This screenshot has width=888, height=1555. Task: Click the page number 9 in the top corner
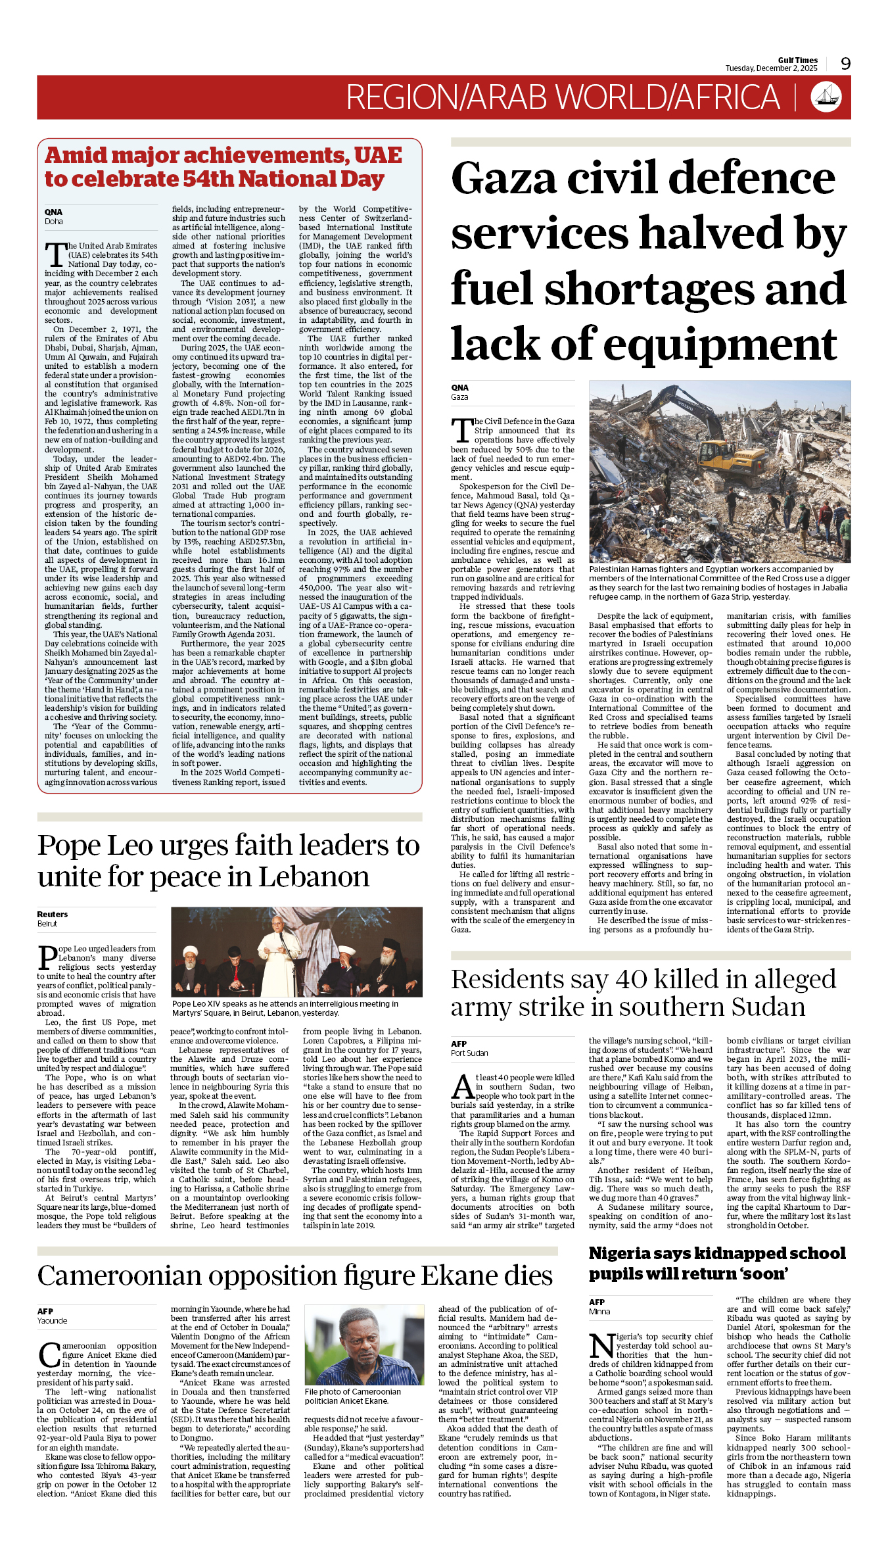[845, 64]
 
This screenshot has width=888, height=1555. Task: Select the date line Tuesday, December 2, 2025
[771, 68]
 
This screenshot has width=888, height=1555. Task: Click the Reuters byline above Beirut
[53, 914]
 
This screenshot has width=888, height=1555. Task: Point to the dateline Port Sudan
[469, 1053]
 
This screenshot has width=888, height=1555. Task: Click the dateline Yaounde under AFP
[52, 1320]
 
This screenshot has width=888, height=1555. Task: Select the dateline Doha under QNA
[54, 222]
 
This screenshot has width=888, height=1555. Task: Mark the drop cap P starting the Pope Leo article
[47, 957]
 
